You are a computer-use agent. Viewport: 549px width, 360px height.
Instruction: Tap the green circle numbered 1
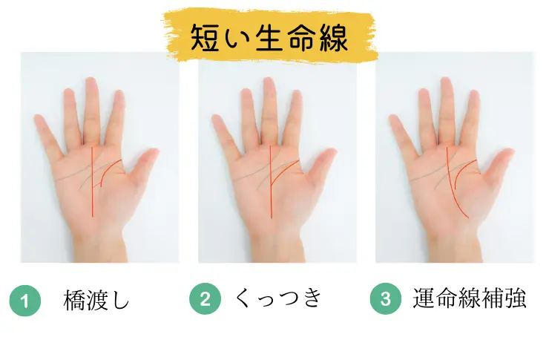click(25, 301)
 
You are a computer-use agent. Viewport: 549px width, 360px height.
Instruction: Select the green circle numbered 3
click(384, 301)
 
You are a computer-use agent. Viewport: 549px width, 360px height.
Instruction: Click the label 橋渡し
click(97, 301)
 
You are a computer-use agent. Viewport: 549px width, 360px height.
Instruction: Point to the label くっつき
click(278, 300)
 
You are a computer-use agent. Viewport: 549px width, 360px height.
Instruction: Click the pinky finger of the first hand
click(45, 134)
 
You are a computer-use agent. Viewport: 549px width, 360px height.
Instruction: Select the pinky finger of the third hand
click(401, 134)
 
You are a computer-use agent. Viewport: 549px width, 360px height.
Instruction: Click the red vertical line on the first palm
click(92, 186)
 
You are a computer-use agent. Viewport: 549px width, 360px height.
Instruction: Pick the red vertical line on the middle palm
click(270, 186)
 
